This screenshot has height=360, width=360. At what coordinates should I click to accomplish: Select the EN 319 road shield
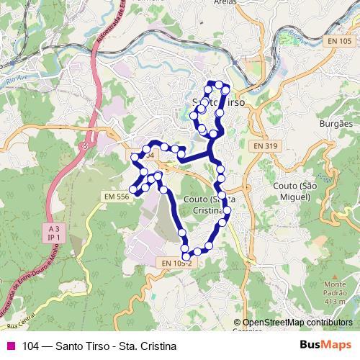click(265, 145)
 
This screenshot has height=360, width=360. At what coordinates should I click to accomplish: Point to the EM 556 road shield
click(116, 196)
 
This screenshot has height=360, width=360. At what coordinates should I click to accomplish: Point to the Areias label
click(225, 2)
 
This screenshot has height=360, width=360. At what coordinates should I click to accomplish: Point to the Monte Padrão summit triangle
click(335, 276)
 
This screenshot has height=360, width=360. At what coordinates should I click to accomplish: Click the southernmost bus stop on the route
click(186, 256)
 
